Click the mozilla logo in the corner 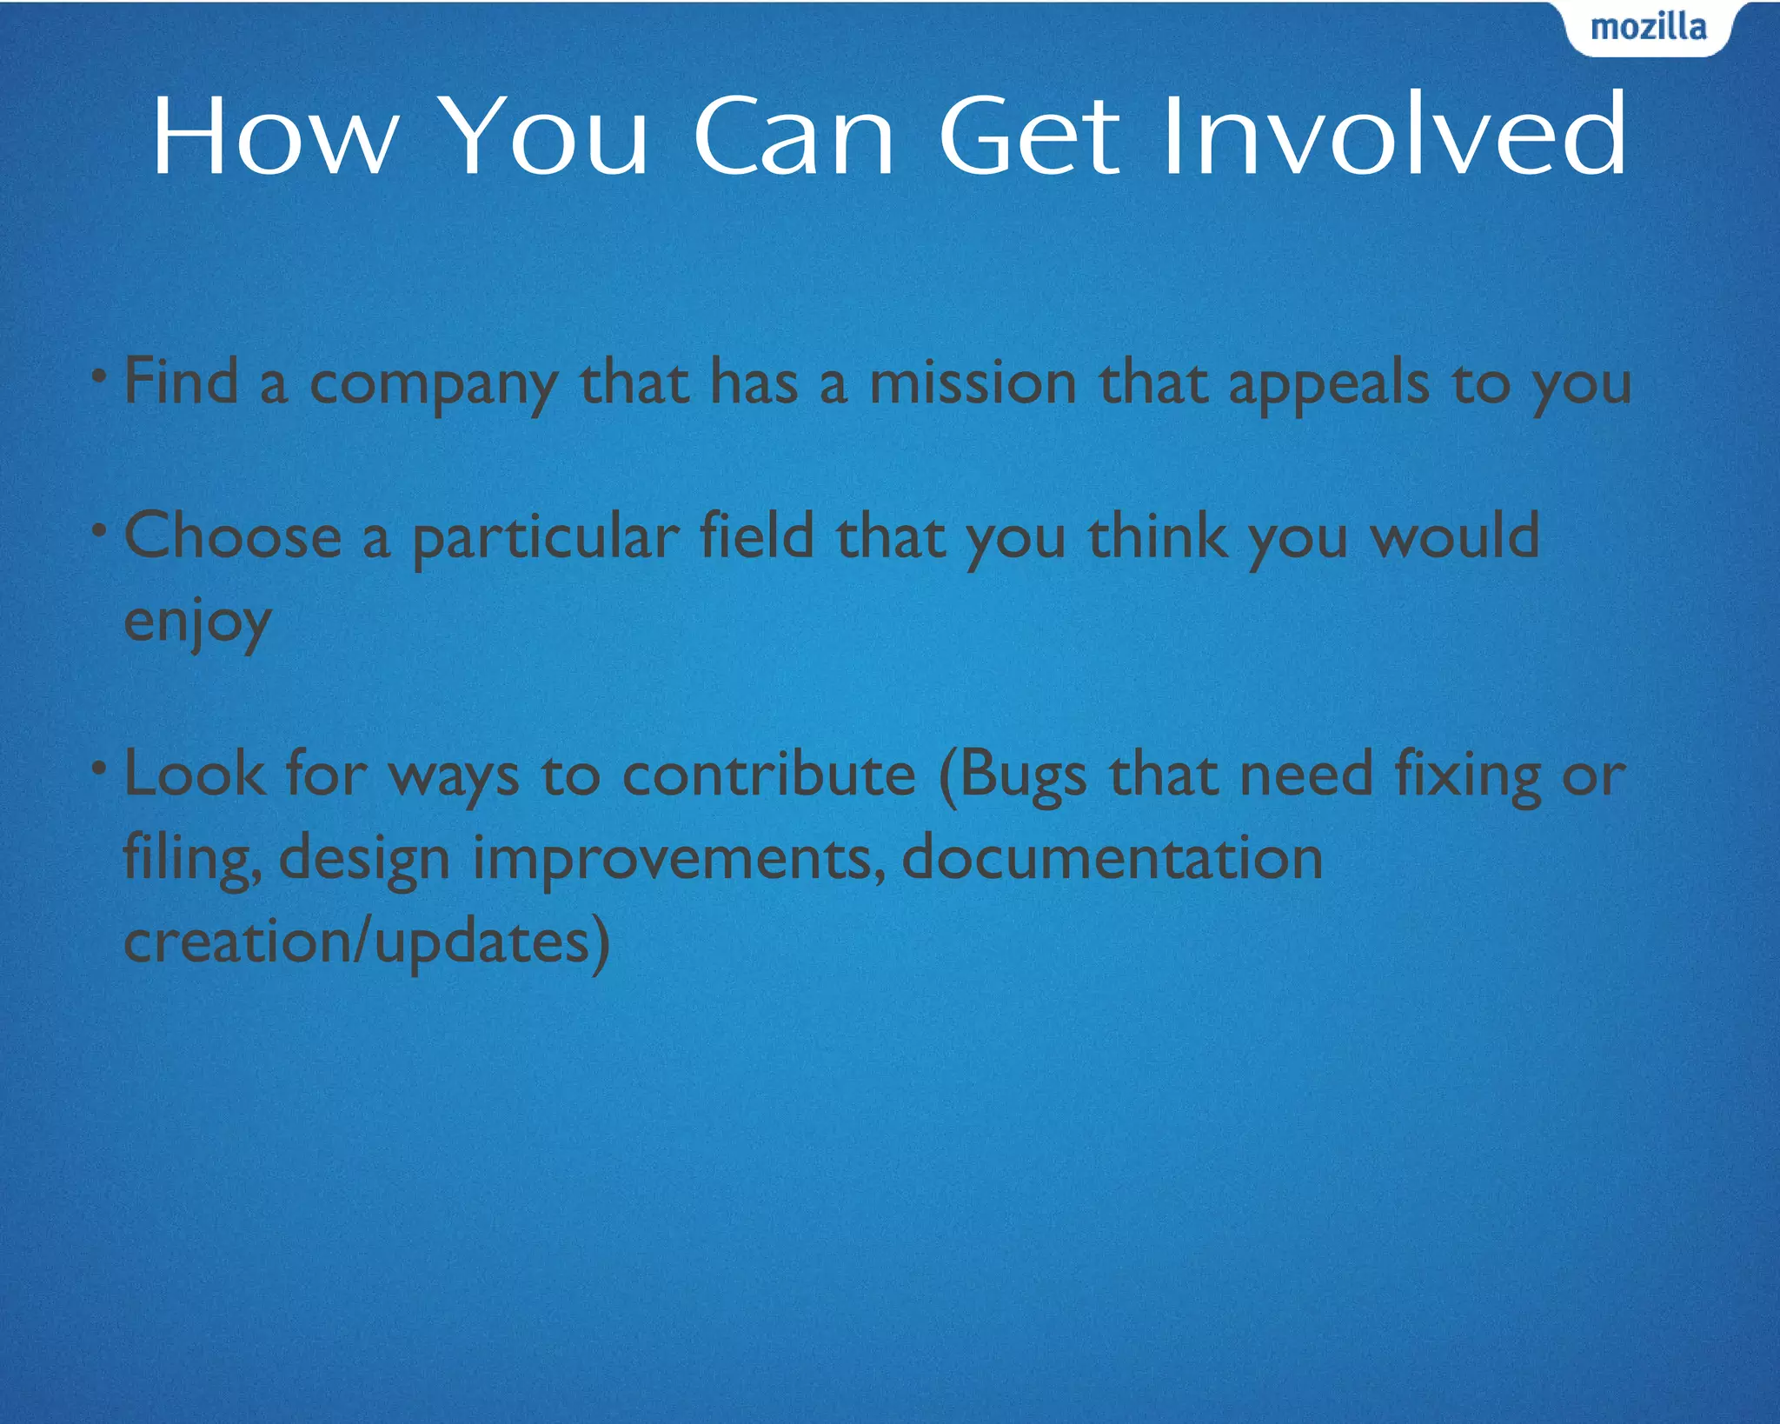[1648, 28]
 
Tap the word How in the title [275, 137]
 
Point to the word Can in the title [793, 137]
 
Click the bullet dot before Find [100, 376]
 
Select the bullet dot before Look [100, 768]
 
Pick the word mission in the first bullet [973, 383]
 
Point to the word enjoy [197, 622]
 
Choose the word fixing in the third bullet [1468, 775]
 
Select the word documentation [1112, 857]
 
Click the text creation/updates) [366, 942]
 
